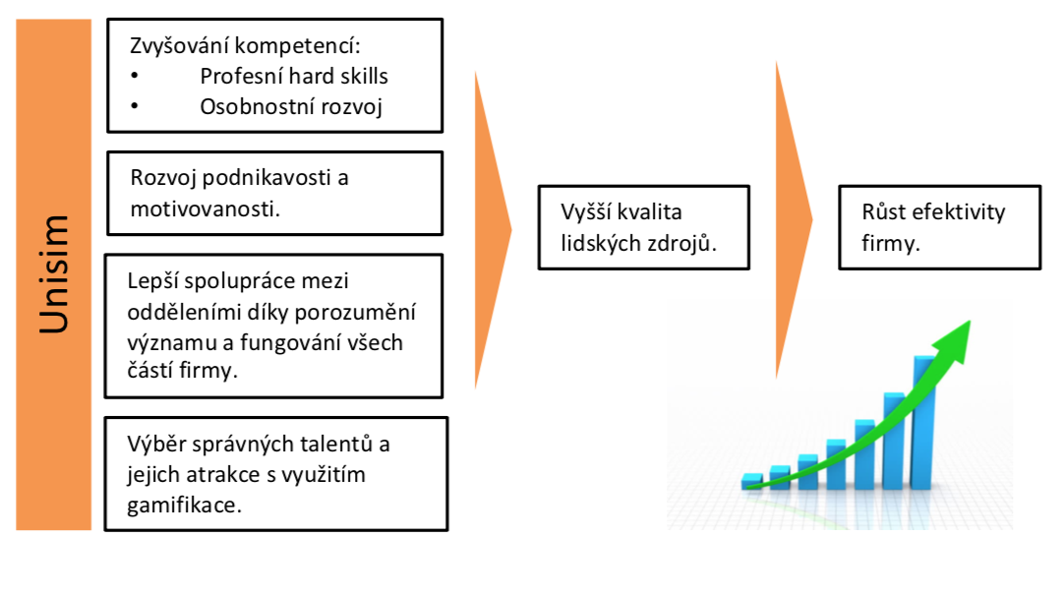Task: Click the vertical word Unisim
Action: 54,274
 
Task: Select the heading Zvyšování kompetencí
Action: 245,46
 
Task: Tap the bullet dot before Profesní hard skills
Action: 135,76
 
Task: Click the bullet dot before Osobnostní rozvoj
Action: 135,106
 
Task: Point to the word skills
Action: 365,76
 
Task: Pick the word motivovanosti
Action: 205,209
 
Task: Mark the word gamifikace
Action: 184,506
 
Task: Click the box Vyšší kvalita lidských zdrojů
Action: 644,227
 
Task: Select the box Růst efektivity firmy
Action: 940,227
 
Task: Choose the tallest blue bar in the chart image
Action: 924,422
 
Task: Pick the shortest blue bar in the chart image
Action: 752,481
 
